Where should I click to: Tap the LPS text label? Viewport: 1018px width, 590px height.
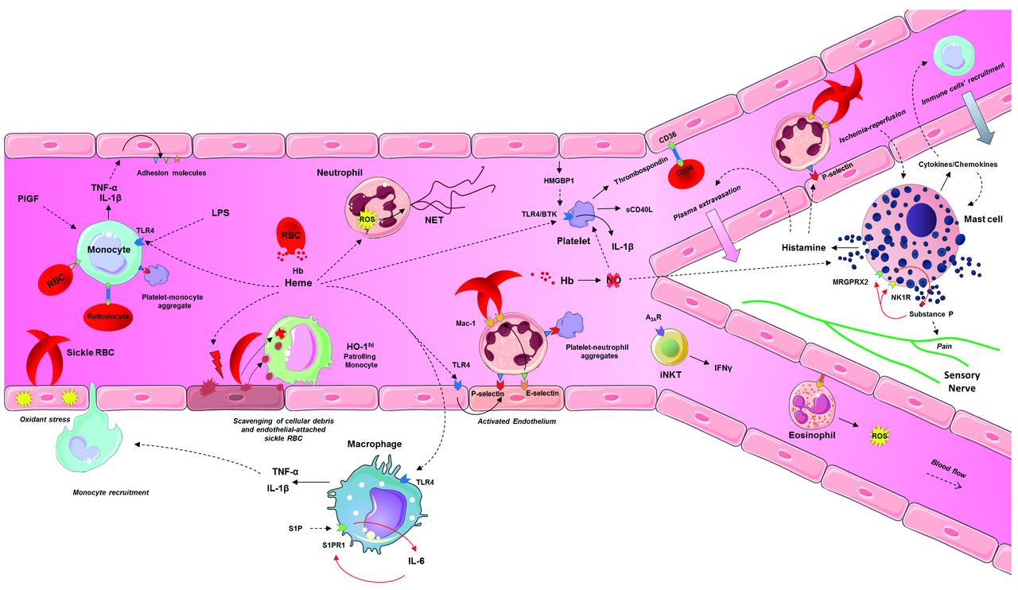point(221,215)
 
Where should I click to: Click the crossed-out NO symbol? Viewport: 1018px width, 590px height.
point(614,280)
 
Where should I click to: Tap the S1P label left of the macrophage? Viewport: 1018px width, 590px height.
point(296,527)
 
